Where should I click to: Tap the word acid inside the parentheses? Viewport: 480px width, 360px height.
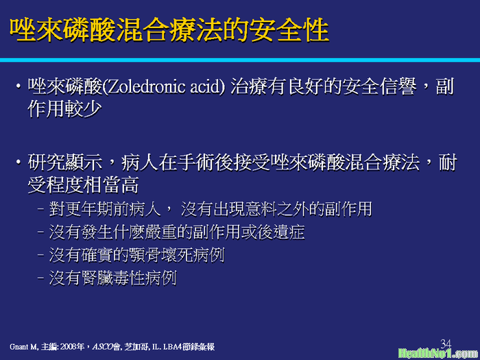click(206, 87)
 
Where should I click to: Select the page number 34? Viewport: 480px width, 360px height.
click(446, 343)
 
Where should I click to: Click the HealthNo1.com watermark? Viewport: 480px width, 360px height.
click(438, 353)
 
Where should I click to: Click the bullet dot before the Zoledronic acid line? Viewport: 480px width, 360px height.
click(19, 86)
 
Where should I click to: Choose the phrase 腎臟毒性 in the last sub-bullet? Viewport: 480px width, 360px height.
click(112, 278)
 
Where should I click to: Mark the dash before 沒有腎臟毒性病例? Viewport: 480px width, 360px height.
click(42, 278)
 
